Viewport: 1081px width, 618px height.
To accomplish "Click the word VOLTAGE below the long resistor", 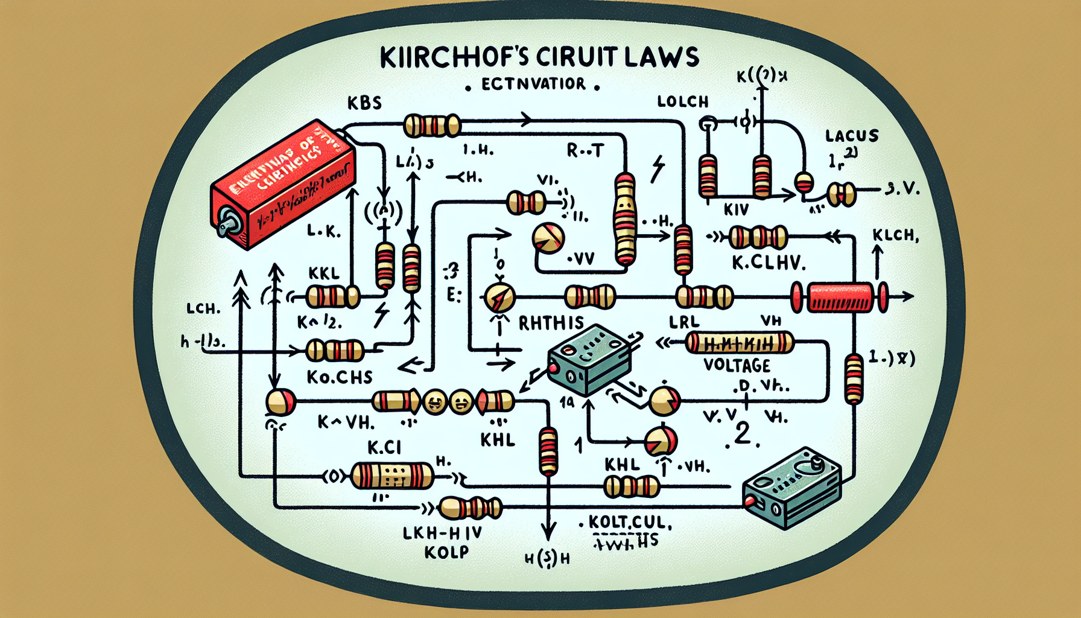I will click(737, 365).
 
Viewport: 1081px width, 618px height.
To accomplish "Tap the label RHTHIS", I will click(551, 323).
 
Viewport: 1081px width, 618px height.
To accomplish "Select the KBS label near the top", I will click(364, 103).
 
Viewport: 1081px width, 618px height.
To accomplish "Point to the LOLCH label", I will click(683, 101).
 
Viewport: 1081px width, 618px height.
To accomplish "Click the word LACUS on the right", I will click(852, 136).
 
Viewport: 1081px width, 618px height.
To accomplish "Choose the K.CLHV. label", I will click(769, 263).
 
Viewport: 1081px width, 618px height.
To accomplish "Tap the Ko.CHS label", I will click(340, 377).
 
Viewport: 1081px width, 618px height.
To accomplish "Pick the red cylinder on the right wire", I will click(840, 297).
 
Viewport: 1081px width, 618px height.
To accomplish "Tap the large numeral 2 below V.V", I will click(743, 434).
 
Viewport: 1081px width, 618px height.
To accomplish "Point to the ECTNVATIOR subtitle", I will click(533, 84).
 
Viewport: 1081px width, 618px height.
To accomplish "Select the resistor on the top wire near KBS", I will click(432, 126).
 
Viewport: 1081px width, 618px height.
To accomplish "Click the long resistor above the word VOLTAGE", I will click(739, 343).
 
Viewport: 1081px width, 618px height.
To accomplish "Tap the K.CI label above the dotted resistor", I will click(384, 447).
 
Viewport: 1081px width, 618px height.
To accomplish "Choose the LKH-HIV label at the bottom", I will click(442, 532).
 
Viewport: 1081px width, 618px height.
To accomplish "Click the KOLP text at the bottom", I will click(446, 552).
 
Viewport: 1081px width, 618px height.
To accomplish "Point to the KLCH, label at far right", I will click(895, 235).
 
